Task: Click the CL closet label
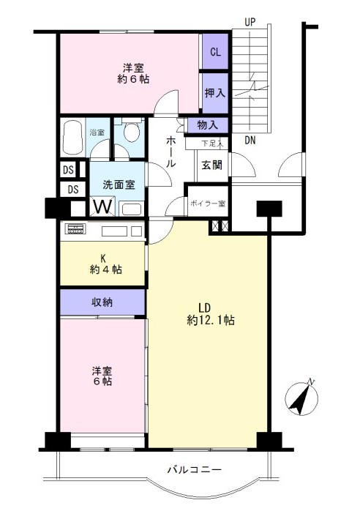tap(215, 52)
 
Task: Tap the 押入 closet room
tap(215, 93)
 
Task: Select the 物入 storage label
tap(208, 125)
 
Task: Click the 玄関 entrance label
tap(211, 165)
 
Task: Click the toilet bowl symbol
tap(132, 131)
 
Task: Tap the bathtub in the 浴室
tap(73, 138)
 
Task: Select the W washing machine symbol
tap(102, 206)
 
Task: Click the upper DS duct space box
tap(68, 170)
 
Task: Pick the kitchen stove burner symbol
tap(75, 229)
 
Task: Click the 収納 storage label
tap(102, 302)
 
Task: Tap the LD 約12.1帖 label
tap(211, 314)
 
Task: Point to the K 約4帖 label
tap(105, 264)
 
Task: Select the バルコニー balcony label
tap(195, 470)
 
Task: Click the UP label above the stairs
tap(250, 22)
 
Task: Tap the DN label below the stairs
tap(250, 141)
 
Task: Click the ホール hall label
tap(171, 152)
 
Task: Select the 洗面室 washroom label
tap(119, 184)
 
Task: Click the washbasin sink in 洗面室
tap(132, 209)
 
